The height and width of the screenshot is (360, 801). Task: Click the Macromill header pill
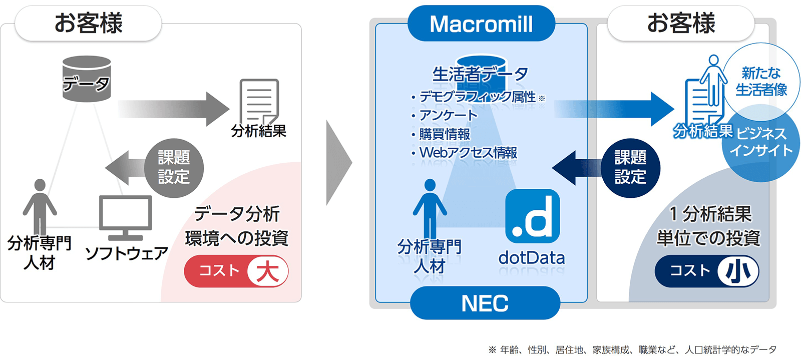pyautogui.click(x=481, y=23)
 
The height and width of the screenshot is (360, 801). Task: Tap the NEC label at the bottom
pyautogui.click(x=485, y=303)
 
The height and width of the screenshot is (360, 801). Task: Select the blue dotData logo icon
pyautogui.click(x=533, y=216)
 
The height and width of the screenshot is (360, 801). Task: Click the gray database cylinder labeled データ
pyautogui.click(x=87, y=79)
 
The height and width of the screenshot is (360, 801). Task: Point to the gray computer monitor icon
pyautogui.click(x=125, y=218)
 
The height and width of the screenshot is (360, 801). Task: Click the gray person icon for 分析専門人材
pyautogui.click(x=40, y=207)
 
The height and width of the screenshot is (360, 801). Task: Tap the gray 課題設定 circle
pyautogui.click(x=174, y=168)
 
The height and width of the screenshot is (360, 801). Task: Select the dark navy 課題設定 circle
pyautogui.click(x=630, y=168)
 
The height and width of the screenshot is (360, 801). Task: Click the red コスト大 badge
pyautogui.click(x=236, y=271)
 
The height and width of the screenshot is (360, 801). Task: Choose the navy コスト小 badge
pyautogui.click(x=707, y=271)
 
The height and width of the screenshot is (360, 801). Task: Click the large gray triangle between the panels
pyautogui.click(x=338, y=163)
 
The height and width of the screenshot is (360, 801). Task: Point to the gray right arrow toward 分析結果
pyautogui.click(x=173, y=109)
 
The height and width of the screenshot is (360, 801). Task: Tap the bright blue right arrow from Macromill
pyautogui.click(x=614, y=109)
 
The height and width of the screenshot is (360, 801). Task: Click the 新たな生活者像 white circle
pyautogui.click(x=761, y=82)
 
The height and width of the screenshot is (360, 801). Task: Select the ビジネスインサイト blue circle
pyautogui.click(x=761, y=143)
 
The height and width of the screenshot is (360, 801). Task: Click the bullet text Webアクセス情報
pyautogui.click(x=469, y=153)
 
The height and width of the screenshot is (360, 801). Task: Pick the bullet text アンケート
pyautogui.click(x=449, y=115)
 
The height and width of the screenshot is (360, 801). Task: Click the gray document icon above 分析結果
pyautogui.click(x=259, y=102)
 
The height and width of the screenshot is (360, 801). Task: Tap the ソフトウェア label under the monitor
pyautogui.click(x=127, y=253)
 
